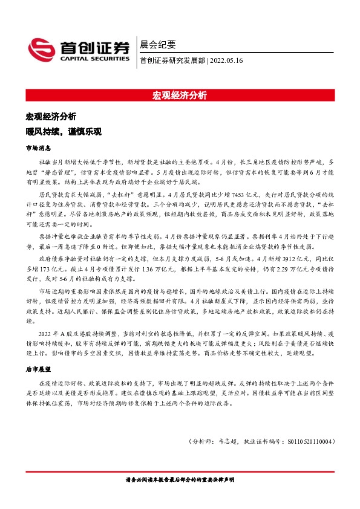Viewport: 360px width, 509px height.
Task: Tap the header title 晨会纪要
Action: (157, 44)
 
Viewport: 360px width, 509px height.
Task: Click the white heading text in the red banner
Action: (180, 96)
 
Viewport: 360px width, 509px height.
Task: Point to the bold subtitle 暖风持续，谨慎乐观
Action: (63, 131)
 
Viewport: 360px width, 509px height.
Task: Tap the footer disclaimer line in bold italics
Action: (180, 479)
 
